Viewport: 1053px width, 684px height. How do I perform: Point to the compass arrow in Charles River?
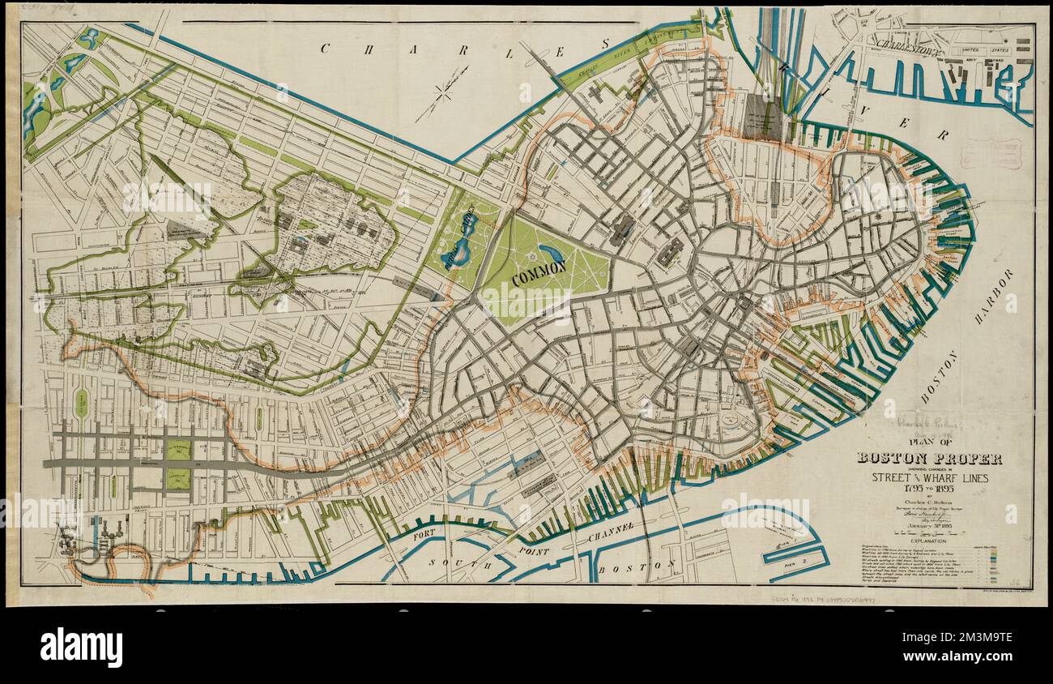point(442,93)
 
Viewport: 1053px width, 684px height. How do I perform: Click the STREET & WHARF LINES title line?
point(930,478)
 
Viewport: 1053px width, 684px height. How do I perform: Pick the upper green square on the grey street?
point(178,451)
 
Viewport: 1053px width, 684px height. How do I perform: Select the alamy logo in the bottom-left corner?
point(81,648)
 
